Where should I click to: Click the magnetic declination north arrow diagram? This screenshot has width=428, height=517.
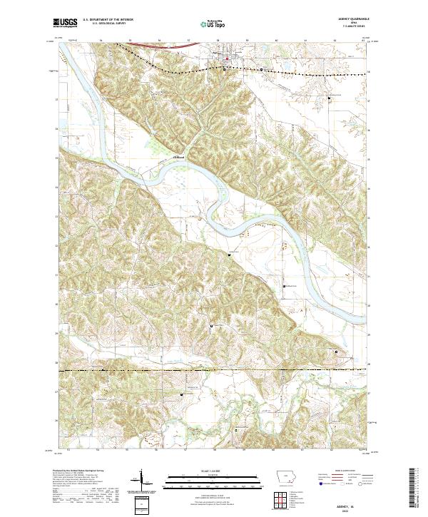(142, 479)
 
